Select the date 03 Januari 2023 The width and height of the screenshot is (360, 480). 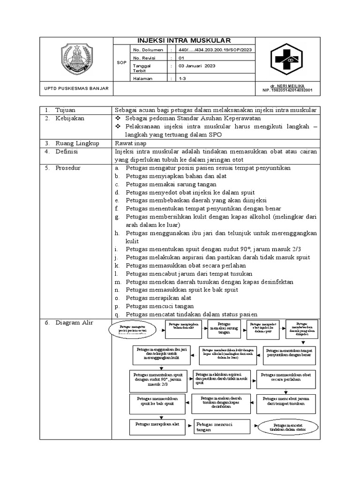(196, 66)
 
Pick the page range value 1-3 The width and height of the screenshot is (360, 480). (182, 79)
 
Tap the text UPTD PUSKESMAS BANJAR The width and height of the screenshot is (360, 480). (76, 89)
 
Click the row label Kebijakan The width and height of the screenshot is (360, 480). (70, 118)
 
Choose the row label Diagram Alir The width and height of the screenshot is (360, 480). (75, 323)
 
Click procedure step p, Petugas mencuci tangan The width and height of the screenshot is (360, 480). (157, 306)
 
